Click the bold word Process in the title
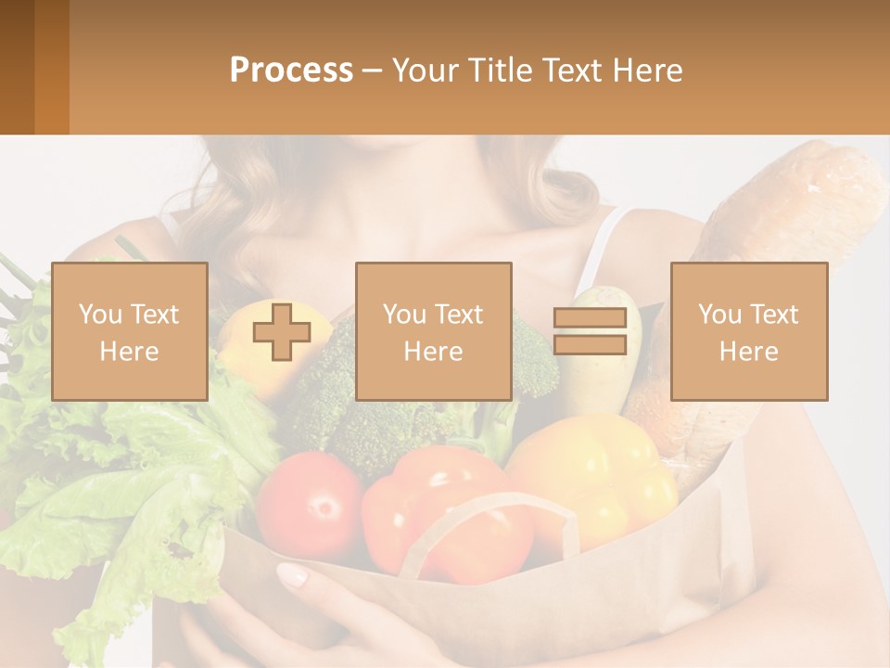(x=291, y=70)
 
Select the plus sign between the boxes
(x=282, y=332)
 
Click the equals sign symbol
(x=590, y=331)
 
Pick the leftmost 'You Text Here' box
(x=130, y=331)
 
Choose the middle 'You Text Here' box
(x=433, y=331)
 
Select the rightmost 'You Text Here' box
(x=748, y=331)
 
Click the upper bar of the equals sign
(x=590, y=318)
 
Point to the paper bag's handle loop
(x=491, y=529)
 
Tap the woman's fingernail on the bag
(x=293, y=575)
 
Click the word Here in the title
(x=648, y=70)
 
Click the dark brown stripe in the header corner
(x=17, y=67)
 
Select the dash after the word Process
(x=372, y=71)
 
